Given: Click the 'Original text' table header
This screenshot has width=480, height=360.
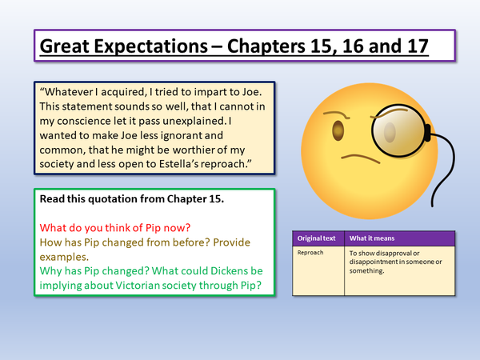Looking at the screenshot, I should point(317,238).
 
